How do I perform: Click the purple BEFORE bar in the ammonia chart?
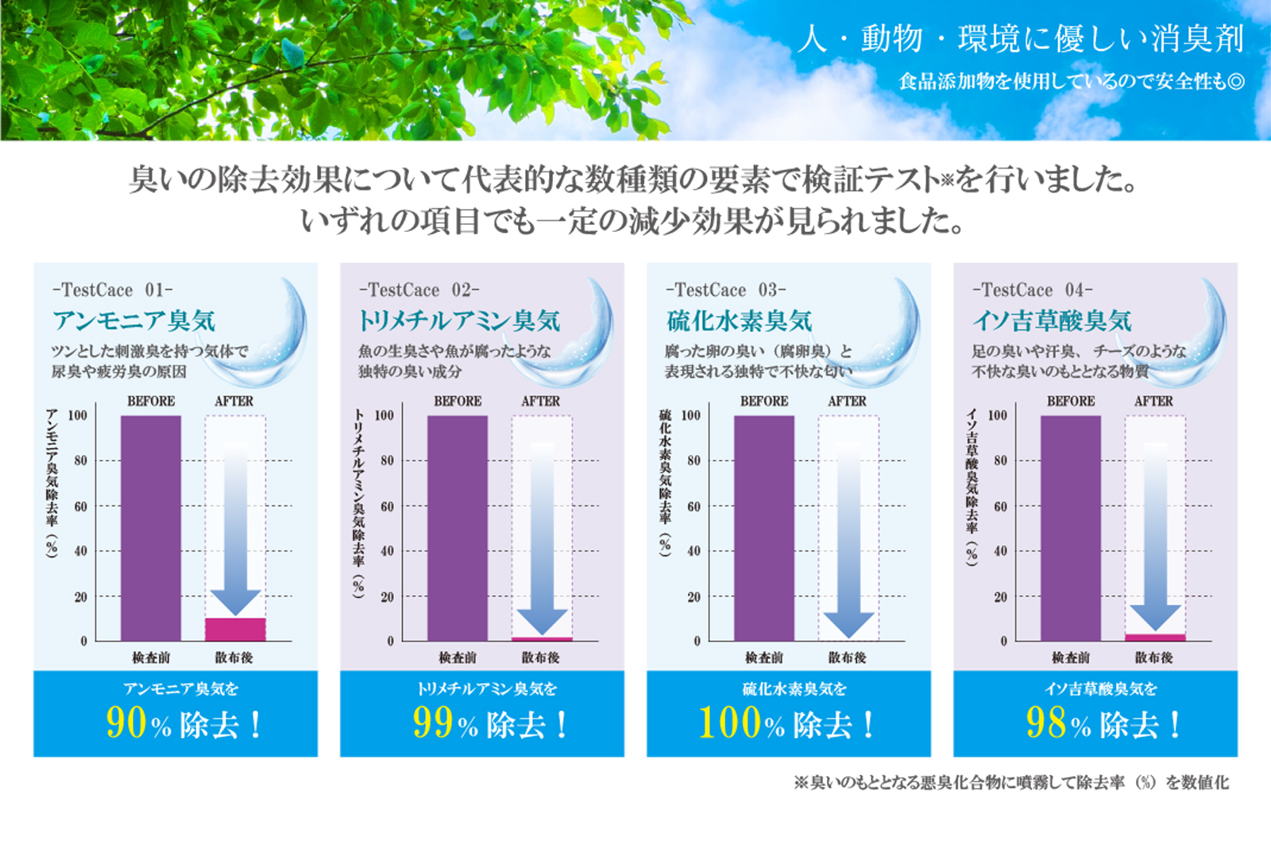(151, 527)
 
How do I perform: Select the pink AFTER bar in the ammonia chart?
(235, 629)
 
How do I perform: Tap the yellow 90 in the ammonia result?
(126, 723)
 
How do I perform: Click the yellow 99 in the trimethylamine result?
(433, 723)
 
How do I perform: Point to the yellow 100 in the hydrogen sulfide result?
(731, 723)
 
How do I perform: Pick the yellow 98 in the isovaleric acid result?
(1046, 723)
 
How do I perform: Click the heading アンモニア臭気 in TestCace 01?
(134, 321)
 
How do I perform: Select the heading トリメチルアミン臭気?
(459, 321)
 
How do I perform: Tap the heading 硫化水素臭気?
(740, 321)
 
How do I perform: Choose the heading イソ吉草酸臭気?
(1052, 321)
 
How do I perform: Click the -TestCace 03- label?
(725, 290)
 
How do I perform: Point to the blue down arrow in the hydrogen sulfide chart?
(848, 540)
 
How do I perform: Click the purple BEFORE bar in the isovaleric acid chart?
(1071, 527)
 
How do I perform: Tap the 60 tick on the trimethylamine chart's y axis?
(387, 506)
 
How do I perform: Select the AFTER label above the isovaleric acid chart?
(1153, 401)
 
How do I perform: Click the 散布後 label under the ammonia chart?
(234, 658)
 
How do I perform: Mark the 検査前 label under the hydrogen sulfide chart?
(763, 658)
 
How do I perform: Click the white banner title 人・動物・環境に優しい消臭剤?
(1021, 38)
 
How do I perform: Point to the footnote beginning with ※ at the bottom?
(1010, 782)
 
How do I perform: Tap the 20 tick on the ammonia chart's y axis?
(80, 597)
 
